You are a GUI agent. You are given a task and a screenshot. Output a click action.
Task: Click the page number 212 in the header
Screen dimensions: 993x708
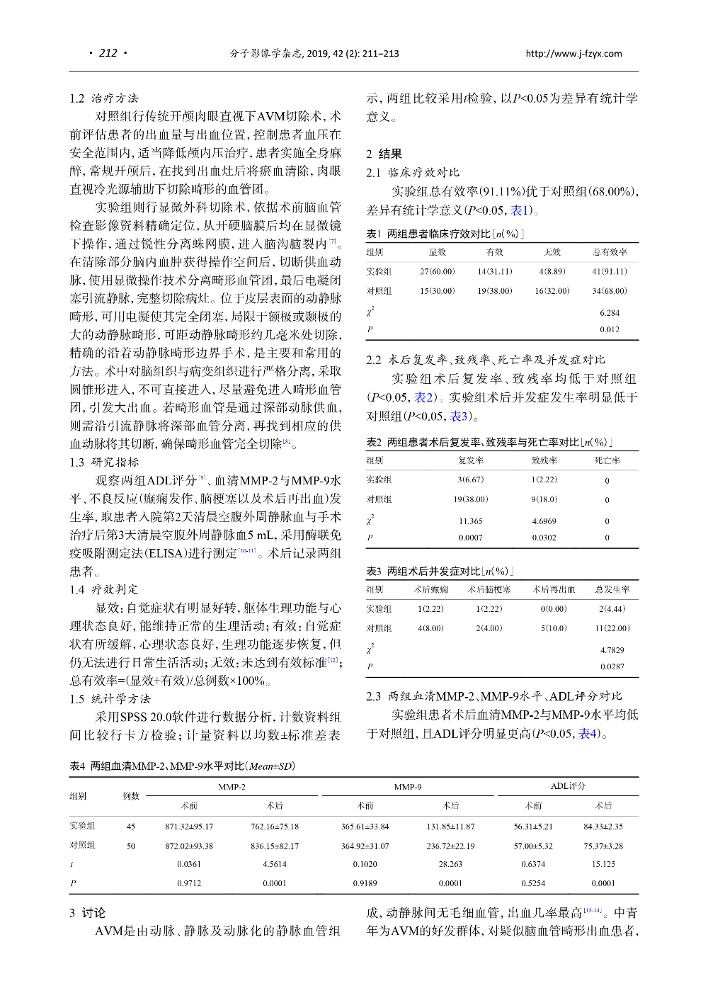[108, 53]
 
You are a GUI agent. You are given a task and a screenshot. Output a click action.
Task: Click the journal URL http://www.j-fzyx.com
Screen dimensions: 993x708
[573, 53]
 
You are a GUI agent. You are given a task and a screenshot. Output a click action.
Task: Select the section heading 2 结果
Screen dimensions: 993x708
[384, 154]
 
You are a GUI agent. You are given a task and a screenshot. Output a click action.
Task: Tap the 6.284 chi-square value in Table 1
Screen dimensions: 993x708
[609, 312]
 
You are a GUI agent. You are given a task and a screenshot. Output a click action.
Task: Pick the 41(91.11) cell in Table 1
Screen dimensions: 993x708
[609, 271]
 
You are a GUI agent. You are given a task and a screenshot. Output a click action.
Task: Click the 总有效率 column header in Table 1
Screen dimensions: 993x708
[610, 251]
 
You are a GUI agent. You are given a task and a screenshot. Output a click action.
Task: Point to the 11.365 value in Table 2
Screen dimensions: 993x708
[470, 521]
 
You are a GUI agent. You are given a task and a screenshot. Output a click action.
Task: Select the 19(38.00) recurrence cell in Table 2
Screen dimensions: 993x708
[470, 499]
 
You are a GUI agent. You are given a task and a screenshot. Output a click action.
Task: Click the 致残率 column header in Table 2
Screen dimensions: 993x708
[544, 460]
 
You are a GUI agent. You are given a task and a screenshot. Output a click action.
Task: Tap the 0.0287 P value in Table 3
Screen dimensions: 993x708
[612, 666]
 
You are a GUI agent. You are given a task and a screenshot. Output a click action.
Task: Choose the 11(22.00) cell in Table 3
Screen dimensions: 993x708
[612, 628]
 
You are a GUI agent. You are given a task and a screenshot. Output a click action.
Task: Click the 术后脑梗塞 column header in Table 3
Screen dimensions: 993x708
[489, 589]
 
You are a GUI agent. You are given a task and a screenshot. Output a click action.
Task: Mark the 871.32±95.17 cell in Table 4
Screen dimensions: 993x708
[189, 826]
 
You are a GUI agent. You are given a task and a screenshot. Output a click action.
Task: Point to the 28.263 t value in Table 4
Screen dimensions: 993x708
[450, 864]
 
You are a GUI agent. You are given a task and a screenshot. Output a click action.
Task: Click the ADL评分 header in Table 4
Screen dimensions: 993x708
[568, 786]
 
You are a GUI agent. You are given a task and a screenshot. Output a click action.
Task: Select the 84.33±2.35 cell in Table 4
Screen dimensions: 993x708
[603, 826]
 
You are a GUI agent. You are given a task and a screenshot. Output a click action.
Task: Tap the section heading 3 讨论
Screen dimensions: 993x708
[87, 913]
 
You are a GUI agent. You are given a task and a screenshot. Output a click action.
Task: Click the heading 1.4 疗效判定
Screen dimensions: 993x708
[104, 589]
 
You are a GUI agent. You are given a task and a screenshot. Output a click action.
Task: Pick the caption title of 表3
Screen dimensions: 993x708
[440, 571]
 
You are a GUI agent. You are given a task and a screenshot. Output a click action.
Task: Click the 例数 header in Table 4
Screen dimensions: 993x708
[131, 796]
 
